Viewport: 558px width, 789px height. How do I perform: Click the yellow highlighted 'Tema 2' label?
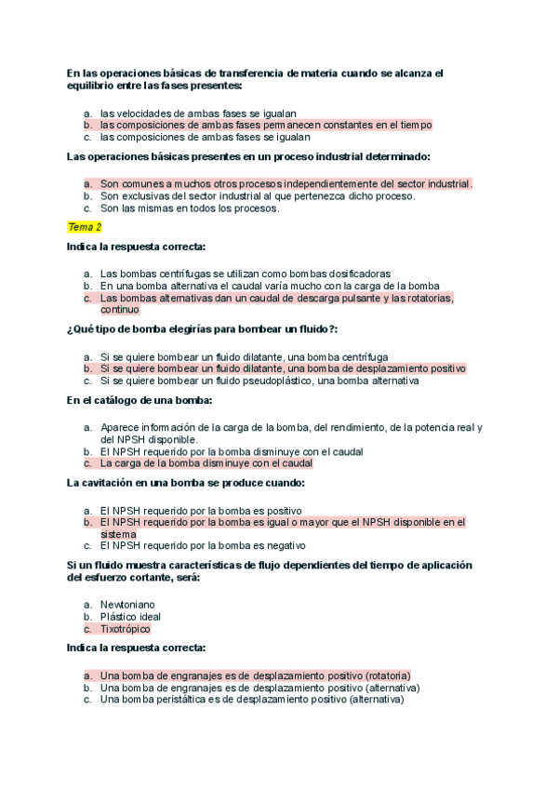coord(85,227)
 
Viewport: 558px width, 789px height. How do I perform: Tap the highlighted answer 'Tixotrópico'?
coord(125,629)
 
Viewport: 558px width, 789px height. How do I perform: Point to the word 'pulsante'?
coord(357,299)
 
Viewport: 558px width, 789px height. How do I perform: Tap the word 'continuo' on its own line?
coord(120,310)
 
